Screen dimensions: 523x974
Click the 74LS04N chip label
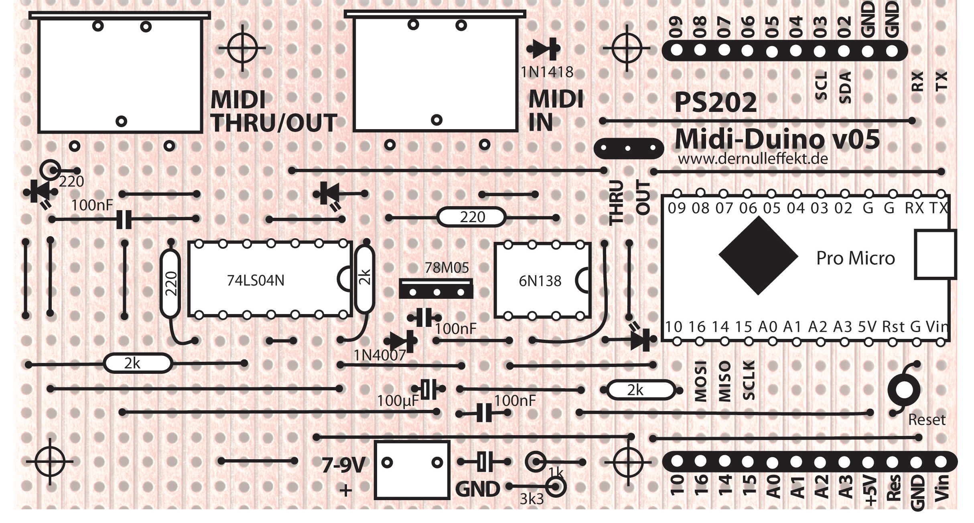click(256, 280)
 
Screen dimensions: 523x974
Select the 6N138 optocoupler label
click(540, 281)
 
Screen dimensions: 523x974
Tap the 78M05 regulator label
click(446, 268)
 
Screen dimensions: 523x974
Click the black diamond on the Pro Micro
click(758, 255)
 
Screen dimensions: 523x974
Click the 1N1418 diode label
click(547, 72)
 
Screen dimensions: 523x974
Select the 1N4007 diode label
click(379, 355)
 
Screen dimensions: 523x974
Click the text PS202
click(715, 103)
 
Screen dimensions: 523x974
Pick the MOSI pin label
click(700, 382)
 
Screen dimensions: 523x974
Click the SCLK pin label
click(749, 380)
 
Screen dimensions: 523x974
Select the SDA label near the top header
click(845, 87)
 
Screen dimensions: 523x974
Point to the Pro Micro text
click(855, 258)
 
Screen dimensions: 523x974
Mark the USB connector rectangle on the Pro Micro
click(935, 254)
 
